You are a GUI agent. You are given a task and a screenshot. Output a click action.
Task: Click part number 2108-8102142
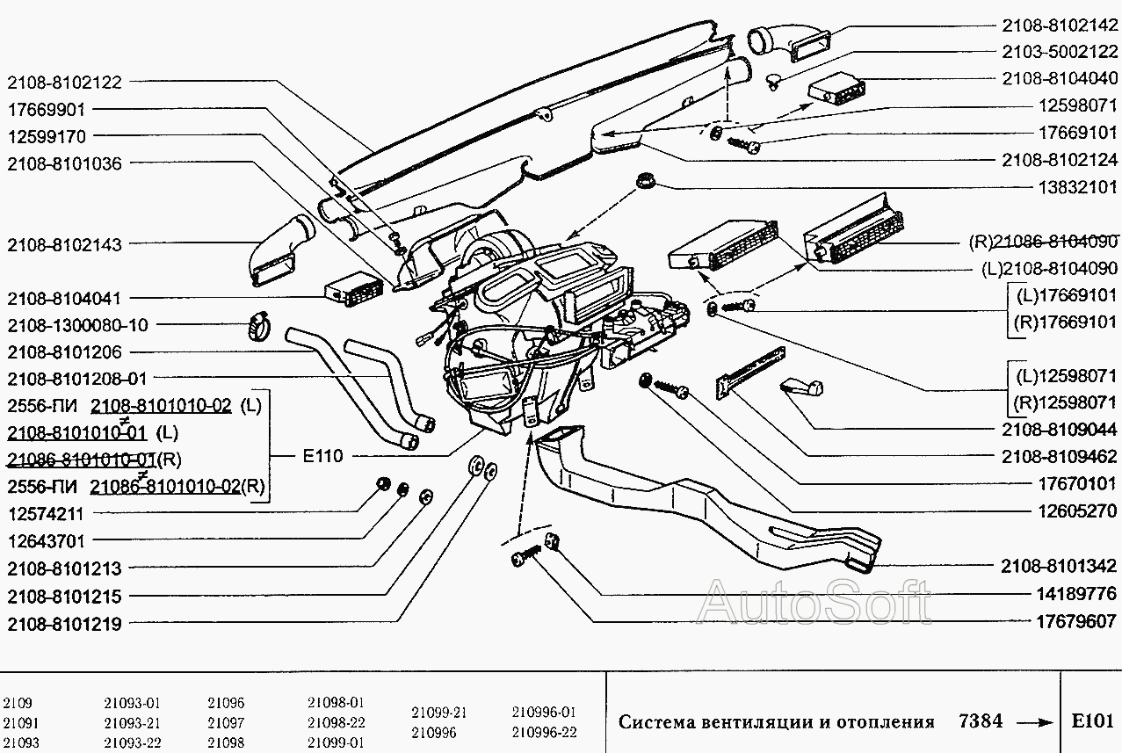pos(1060,25)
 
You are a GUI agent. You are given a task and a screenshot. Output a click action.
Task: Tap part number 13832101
pos(1077,187)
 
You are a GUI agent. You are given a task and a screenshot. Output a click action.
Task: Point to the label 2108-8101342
pos(1060,566)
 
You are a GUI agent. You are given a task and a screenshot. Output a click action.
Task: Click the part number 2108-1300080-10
pos(77,325)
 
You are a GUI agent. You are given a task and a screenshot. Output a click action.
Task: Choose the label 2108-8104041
pos(64,298)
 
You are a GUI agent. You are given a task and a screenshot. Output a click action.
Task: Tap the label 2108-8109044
pos(1060,430)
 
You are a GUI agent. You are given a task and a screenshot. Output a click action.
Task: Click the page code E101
pos(1092,721)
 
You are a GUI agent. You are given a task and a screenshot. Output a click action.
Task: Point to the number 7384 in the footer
pos(981,721)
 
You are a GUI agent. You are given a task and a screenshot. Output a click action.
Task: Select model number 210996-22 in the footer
pos(544,732)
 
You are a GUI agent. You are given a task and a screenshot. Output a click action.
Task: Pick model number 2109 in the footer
pos(18,703)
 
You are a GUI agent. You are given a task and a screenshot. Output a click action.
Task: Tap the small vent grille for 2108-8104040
pos(836,88)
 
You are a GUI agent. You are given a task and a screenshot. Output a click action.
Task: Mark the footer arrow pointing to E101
pos(1034,722)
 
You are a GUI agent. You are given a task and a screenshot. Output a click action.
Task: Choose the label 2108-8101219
pos(64,624)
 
